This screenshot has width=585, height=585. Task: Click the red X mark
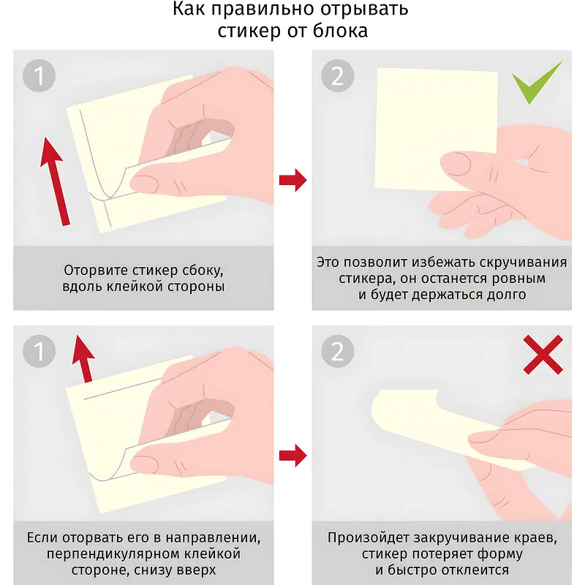pos(543,355)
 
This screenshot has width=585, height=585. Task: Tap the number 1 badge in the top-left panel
pos(39,76)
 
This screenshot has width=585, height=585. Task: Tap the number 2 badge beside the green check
pos(338,76)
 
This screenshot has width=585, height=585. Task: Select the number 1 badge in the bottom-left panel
pos(39,351)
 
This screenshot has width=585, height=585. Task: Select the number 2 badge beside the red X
pos(338,351)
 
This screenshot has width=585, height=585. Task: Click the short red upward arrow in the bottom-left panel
pos(83,358)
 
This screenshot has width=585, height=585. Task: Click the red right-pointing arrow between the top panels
pos(293,180)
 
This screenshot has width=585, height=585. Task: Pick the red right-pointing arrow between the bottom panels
pos(293,456)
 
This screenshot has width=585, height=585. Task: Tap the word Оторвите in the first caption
pos(97,270)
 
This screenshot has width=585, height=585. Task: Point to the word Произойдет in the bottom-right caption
pos(368,538)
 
